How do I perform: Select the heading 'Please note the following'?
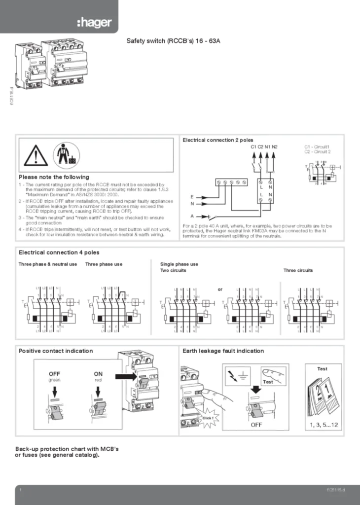pyautogui.click(x=54, y=177)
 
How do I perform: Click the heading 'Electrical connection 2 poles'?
pyautogui.click(x=217, y=141)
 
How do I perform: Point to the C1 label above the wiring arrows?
pyautogui.click(x=253, y=147)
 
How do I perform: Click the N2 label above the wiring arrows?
pyautogui.click(x=275, y=147)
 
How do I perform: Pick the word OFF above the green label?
pyautogui.click(x=54, y=374)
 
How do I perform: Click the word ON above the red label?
pyautogui.click(x=98, y=374)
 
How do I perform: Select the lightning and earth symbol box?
pyautogui.click(x=237, y=376)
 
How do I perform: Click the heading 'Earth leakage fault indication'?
pyautogui.click(x=223, y=351)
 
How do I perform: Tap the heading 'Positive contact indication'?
pyautogui.click(x=55, y=351)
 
